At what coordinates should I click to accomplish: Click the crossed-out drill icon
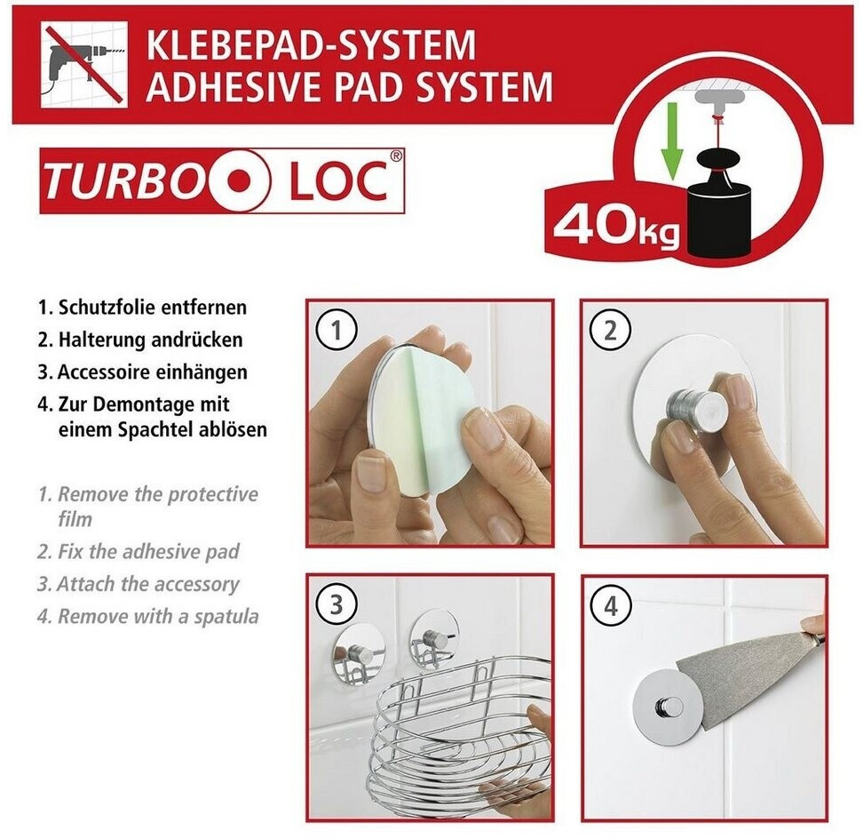point(84,65)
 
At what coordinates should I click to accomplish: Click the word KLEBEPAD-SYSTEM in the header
point(311,44)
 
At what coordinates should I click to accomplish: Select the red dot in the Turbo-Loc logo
point(239,180)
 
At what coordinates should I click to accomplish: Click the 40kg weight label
point(616,227)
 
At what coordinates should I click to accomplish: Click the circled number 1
point(336,332)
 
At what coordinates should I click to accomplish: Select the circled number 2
point(610,332)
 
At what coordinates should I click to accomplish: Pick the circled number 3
point(336,606)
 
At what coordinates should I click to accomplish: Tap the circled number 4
point(610,606)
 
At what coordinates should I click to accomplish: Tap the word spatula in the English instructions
point(226,617)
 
